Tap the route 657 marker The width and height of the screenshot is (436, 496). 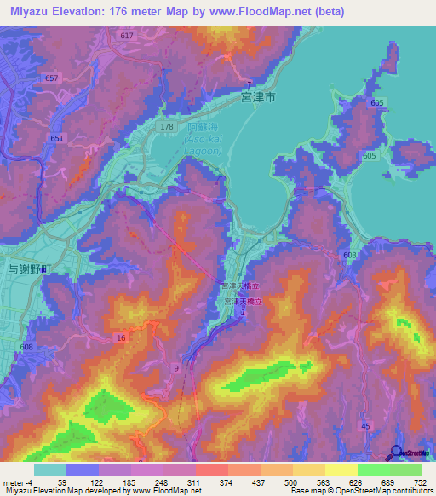point(53,78)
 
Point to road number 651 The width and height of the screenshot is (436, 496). point(57,138)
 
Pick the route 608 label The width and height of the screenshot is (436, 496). point(27,347)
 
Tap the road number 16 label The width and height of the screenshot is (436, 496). point(122,338)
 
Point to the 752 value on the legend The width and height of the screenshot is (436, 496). point(422,482)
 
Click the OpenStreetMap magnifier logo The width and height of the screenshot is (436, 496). point(395,453)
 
